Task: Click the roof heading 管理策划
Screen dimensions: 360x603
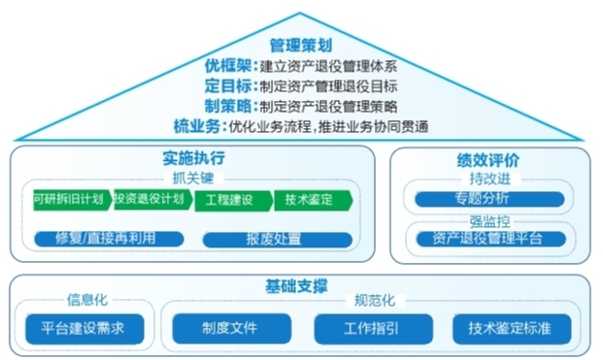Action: coord(301,45)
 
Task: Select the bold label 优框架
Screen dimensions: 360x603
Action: coord(230,66)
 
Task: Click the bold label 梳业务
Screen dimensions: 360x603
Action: coord(197,126)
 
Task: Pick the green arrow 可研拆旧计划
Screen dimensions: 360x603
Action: coord(70,201)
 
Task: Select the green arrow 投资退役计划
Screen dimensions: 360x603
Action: coord(150,201)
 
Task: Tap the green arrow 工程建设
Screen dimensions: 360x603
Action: coord(229,201)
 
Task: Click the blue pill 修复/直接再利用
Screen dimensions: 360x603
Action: coord(107,239)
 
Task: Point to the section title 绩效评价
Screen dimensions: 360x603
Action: coord(488,159)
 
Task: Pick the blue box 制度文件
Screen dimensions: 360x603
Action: coord(229,328)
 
